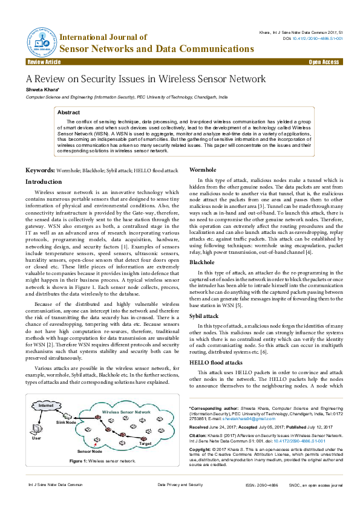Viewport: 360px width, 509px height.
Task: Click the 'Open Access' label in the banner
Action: pos(324,62)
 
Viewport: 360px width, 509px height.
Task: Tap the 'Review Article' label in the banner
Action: pos(44,62)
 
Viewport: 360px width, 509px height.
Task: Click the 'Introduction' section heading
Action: pos(43,181)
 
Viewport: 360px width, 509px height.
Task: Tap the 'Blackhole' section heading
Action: pos(201,262)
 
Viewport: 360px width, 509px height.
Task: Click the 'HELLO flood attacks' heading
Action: pos(216,362)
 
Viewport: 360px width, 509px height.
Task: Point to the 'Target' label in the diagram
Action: pos(145,443)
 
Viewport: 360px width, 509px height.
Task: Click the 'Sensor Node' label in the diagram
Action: pos(90,452)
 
